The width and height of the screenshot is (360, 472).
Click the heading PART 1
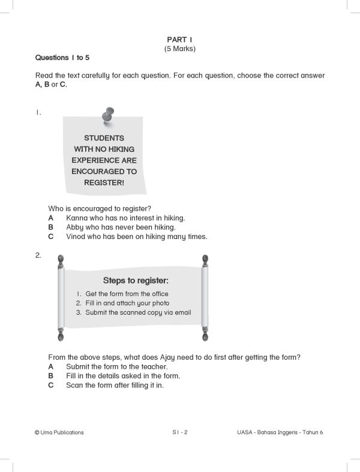tap(180, 39)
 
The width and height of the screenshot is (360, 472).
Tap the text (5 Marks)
tap(180, 49)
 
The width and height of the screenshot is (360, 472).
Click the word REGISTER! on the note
tap(104, 183)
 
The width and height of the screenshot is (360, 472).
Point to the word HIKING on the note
tap(118, 149)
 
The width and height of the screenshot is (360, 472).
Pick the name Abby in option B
tap(75, 227)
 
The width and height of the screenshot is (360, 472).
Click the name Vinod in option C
tap(76, 237)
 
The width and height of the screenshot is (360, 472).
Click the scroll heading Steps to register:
tap(136, 280)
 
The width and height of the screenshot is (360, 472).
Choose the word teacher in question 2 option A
tap(154, 366)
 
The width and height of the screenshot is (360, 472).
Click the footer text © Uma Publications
tap(59, 432)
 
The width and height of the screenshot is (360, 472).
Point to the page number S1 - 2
tap(180, 432)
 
